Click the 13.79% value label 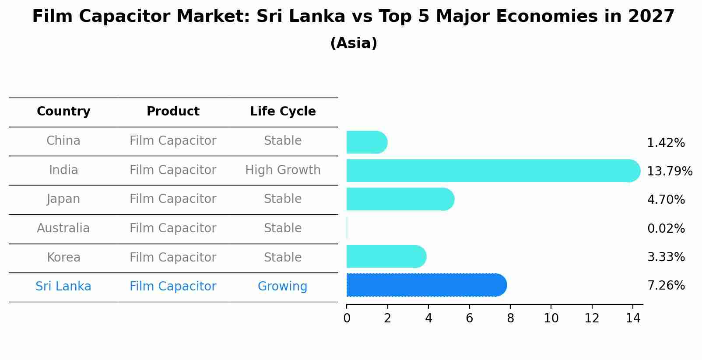(669, 171)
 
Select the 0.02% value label (666, 228)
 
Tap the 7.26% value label (666, 286)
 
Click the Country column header (63, 112)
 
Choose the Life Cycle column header (283, 112)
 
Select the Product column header (173, 112)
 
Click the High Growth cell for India (283, 170)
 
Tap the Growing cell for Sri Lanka (282, 287)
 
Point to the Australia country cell (63, 228)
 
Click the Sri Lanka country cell (63, 287)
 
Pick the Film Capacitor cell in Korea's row (173, 258)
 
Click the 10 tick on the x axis (551, 318)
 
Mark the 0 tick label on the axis (347, 318)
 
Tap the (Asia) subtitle (354, 43)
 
